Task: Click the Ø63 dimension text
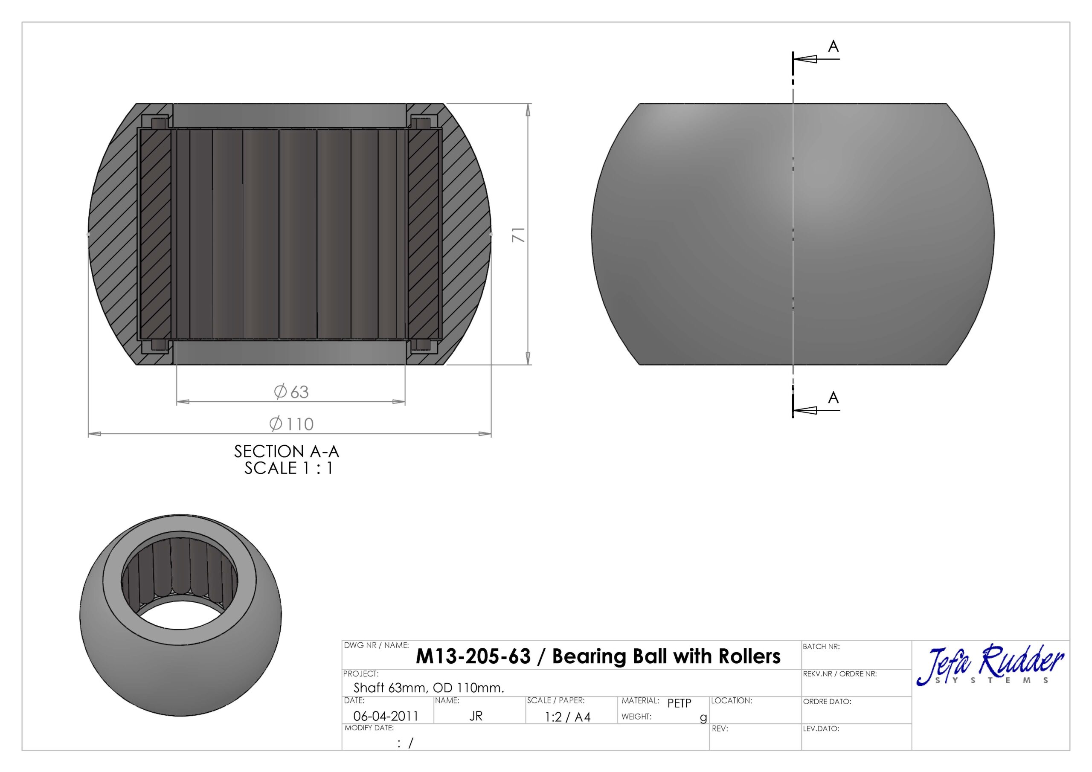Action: [291, 392]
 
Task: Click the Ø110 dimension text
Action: [291, 424]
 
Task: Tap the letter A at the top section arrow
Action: [833, 46]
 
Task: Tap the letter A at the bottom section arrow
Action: [833, 397]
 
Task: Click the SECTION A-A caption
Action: [286, 451]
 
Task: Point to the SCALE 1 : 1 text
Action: [289, 468]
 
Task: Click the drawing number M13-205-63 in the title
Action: [473, 656]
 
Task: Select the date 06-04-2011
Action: [386, 716]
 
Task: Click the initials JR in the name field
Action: [476, 716]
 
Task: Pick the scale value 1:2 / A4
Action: [567, 717]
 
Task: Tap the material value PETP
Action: [679, 703]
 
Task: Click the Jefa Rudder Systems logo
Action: [990, 665]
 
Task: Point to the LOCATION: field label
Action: [732, 701]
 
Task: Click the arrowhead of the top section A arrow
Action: [805, 59]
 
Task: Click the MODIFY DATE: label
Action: [369, 728]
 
